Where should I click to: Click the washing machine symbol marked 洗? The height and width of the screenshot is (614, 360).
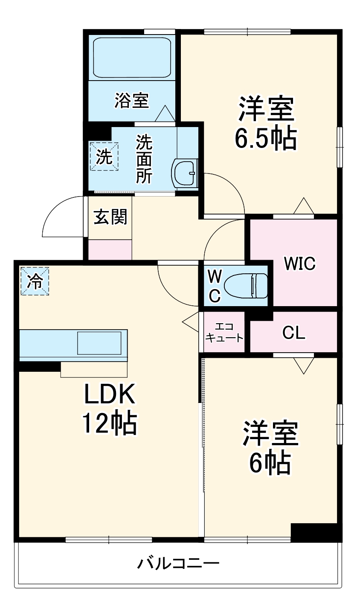(104, 156)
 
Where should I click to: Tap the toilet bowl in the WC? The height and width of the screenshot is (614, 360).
(246, 285)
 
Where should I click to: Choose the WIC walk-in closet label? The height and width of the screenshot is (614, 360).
(300, 264)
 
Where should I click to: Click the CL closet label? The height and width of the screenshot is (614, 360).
(294, 333)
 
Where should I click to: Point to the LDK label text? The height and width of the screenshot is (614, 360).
(109, 395)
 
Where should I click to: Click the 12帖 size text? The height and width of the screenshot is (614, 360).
(109, 423)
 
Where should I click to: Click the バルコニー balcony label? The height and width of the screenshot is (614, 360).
(178, 564)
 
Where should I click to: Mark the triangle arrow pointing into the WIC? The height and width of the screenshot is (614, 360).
(304, 206)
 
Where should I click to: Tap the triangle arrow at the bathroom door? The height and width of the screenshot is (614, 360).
(165, 114)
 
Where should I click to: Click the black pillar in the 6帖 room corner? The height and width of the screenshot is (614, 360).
(316, 532)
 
